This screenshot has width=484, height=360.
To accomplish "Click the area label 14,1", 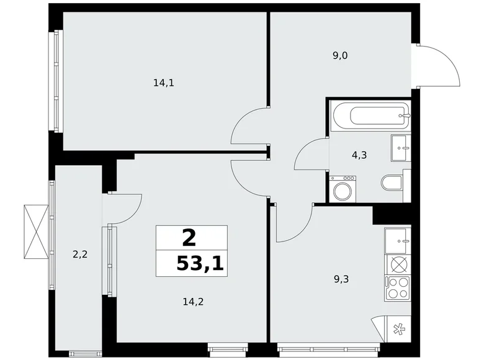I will point(163,81).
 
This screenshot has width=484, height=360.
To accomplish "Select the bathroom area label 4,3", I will point(359,155).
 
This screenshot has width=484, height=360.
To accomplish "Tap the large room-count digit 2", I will point(189,236).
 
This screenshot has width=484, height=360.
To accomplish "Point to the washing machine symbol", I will point(341,189).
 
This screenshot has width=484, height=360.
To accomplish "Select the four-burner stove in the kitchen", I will point(398,286).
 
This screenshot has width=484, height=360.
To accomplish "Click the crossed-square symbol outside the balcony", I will point(35,230).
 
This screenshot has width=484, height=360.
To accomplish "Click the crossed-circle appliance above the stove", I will point(398,264).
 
